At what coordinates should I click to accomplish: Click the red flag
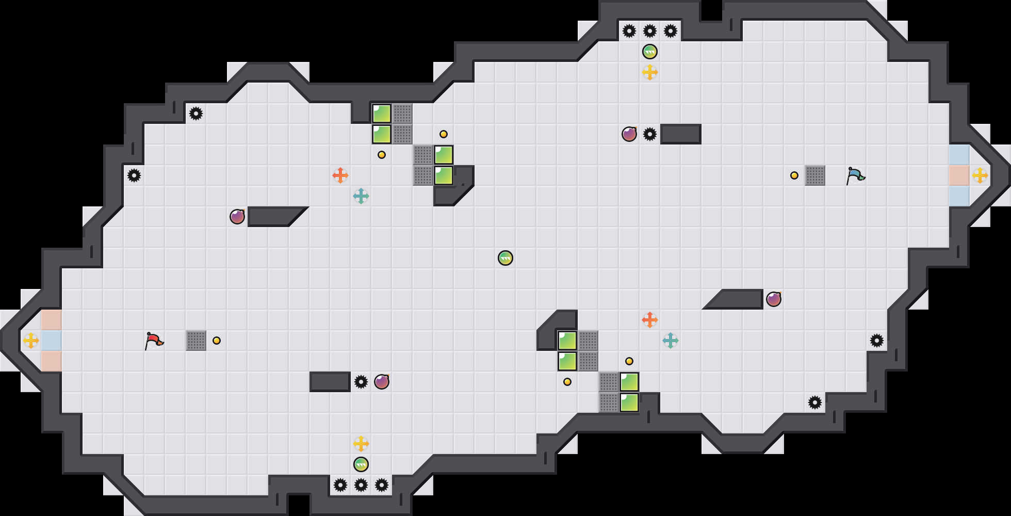point(154,341)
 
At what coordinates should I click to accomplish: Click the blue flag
point(855,175)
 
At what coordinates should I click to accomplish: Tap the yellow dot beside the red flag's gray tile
point(217,341)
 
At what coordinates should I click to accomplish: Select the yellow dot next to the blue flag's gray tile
point(794,175)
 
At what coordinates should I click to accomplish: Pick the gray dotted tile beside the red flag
point(196,341)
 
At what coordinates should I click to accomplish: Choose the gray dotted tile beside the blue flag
point(815,175)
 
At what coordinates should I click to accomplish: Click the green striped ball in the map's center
point(505,258)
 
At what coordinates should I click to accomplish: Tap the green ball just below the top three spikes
point(650,52)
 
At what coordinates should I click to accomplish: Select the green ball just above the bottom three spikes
point(361,464)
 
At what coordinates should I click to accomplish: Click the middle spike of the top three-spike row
point(650,31)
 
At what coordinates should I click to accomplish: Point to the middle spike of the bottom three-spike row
point(361,485)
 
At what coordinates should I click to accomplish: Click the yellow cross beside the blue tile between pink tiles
point(31,341)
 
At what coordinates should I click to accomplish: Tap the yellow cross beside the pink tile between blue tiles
point(980,175)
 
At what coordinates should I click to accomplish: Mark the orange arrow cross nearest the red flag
point(340,175)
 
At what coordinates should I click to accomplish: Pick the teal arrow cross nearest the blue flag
point(671,341)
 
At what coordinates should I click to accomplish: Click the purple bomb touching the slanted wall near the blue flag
point(774,299)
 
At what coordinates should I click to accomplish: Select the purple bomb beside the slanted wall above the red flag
point(237,217)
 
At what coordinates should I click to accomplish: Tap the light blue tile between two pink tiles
point(52,341)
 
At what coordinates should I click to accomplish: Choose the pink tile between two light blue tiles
point(959,175)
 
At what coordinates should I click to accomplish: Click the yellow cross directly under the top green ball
point(650,72)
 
